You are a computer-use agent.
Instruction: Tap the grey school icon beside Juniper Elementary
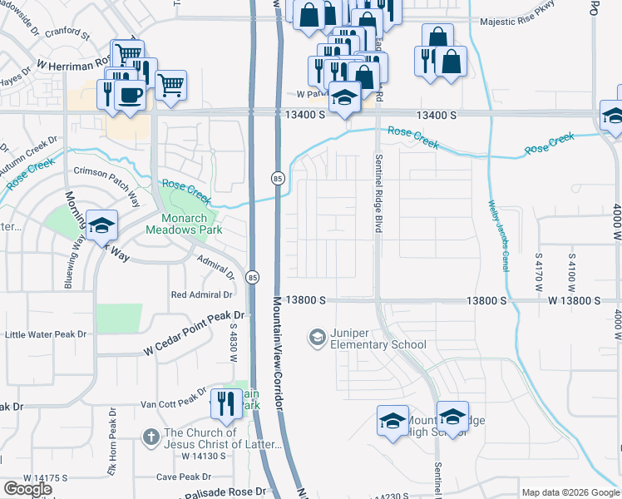317,338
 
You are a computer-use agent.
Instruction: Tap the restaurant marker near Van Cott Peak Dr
226,404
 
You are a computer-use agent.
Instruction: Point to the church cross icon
151,437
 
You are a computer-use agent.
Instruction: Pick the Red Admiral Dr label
200,294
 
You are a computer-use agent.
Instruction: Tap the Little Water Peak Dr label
46,334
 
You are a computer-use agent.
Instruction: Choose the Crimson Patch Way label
106,184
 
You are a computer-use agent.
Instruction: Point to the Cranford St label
67,37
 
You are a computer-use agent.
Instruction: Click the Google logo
27,489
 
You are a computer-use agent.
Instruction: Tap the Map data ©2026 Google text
570,492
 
